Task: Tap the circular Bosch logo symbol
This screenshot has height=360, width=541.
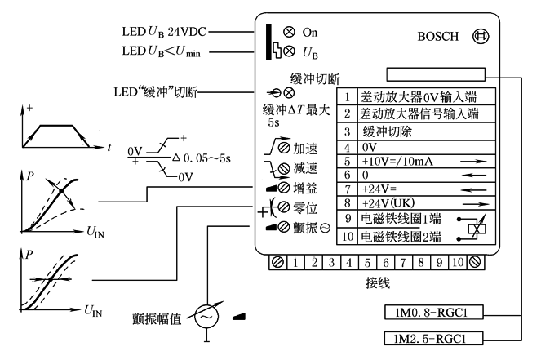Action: pos(481,37)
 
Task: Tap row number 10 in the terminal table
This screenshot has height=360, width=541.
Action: pos(347,238)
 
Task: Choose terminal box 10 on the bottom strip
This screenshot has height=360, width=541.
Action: pos(459,264)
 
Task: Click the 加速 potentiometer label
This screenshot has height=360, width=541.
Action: pos(308,149)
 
